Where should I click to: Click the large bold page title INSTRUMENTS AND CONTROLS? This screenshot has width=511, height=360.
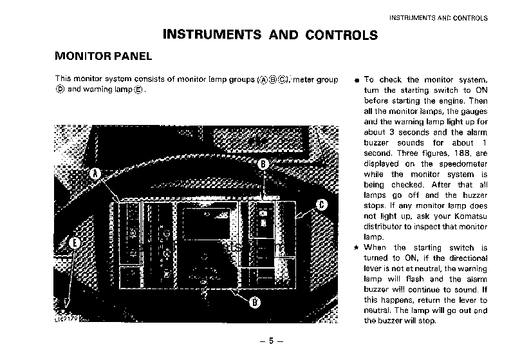point(270,34)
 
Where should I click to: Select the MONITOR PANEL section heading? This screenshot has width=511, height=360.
point(104,56)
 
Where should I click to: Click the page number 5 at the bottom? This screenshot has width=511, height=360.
point(271,341)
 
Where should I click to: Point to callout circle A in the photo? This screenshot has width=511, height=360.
point(95,174)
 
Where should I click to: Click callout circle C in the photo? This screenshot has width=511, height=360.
point(322,205)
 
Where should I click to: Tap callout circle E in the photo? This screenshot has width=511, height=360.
point(75,243)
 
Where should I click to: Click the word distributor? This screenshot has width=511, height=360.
point(384,226)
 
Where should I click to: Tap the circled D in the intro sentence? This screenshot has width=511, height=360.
point(60,90)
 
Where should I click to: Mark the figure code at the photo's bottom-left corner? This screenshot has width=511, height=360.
point(65,317)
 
